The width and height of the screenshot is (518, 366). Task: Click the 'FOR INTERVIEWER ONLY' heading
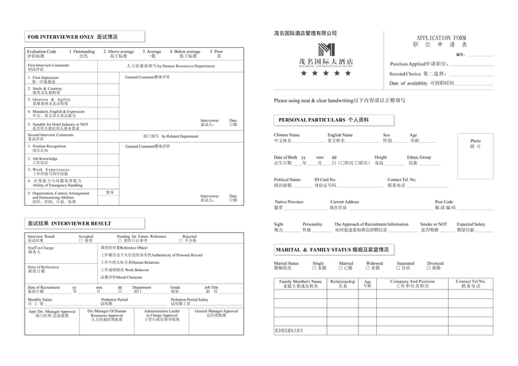[x=72, y=37]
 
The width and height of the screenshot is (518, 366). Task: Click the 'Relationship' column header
[x=343, y=283]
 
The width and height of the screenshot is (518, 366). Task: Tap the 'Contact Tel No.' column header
[x=470, y=283]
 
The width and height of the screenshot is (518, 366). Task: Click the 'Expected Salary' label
[x=470, y=226]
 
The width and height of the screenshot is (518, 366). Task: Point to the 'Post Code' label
[x=444, y=203]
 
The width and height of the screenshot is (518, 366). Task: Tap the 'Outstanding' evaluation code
[x=83, y=52]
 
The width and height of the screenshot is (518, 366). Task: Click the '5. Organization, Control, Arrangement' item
[x=60, y=195]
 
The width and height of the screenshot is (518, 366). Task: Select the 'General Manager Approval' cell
[x=215, y=313]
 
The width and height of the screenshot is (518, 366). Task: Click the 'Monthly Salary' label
[x=40, y=301]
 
